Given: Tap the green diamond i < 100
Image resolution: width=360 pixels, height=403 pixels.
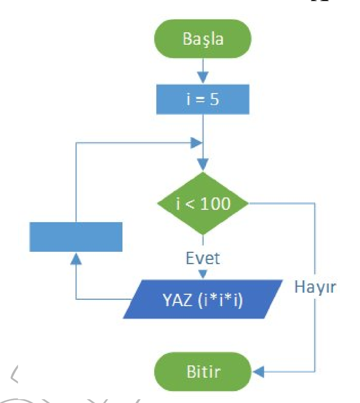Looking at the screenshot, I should tap(203, 204).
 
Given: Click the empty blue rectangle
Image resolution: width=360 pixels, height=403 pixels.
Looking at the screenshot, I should tap(76, 237).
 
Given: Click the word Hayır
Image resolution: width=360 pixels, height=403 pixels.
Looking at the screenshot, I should tap(315, 288).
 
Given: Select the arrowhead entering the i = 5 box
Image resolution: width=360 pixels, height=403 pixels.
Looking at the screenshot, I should tap(203, 77).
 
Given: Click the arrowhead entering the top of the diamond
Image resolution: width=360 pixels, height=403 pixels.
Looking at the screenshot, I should tap(203, 164).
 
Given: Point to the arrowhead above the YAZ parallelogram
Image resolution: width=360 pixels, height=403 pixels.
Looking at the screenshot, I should tap(203, 274).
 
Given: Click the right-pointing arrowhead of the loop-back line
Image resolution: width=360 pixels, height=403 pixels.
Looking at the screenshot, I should tap(197, 143).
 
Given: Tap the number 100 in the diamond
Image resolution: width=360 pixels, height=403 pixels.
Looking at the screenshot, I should tap(215, 204).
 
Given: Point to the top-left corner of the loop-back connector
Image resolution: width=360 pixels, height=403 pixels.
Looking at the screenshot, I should tap(76, 143).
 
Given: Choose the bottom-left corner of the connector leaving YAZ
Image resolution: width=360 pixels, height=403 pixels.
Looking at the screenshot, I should tap(76, 299).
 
